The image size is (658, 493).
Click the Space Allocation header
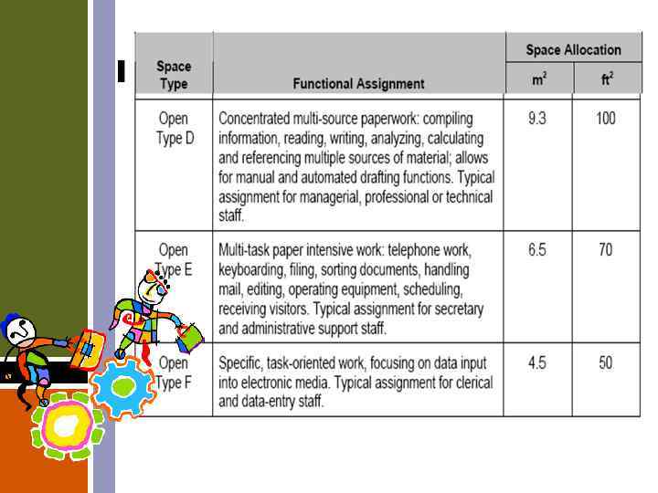[x=573, y=50]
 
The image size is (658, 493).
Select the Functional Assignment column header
[x=358, y=83]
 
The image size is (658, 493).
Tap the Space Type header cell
[x=174, y=75]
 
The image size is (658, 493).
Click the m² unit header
[x=539, y=79]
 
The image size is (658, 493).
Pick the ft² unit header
[x=607, y=79]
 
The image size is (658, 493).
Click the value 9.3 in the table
[x=538, y=119]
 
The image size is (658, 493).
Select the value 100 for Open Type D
[x=606, y=119]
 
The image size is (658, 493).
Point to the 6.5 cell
[x=538, y=250]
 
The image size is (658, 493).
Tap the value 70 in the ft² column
[x=606, y=250]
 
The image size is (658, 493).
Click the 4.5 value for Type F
[x=538, y=363]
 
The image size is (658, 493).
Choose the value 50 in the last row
[x=606, y=363]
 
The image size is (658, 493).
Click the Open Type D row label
[x=174, y=129]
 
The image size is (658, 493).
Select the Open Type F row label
[x=174, y=372]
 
